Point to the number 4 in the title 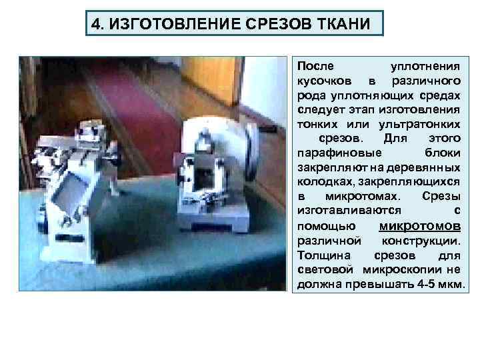pos(96,25)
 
